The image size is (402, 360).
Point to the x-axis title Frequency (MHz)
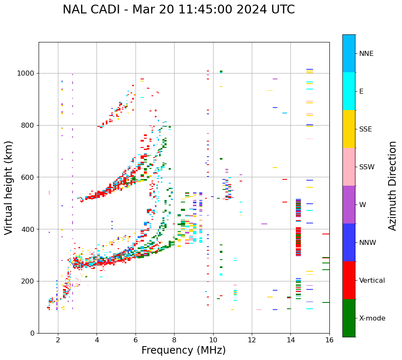[x=183, y=350]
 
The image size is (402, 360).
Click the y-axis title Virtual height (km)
[x=9, y=188]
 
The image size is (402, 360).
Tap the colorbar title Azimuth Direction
[x=392, y=186]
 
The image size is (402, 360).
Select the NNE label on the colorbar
[x=366, y=54]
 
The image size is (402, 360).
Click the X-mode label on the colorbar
[x=372, y=318]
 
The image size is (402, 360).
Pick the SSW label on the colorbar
[x=367, y=167]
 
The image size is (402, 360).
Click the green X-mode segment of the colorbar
[x=349, y=318]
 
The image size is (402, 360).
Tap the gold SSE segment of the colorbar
[x=349, y=129]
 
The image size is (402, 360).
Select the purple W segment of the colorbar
[x=349, y=205]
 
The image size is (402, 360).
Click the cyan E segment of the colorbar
[x=349, y=91]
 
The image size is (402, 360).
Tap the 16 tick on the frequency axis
[x=329, y=340]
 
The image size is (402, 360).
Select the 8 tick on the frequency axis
[x=174, y=340]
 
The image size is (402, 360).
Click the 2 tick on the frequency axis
[x=58, y=340]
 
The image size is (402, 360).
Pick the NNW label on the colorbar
[x=368, y=243]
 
